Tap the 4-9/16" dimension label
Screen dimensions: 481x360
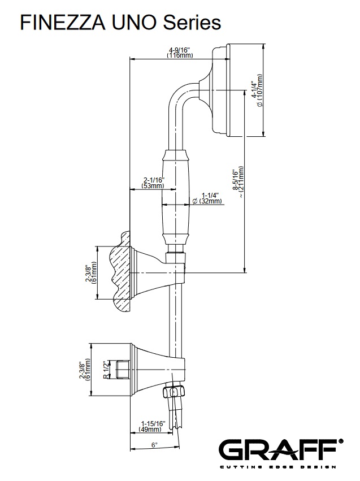pyautogui.click(x=180, y=49)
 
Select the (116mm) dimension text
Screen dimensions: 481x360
pyautogui.click(x=180, y=55)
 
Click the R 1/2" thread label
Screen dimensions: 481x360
pyautogui.click(x=106, y=370)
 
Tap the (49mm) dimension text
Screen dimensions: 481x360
pyautogui.click(x=151, y=430)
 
